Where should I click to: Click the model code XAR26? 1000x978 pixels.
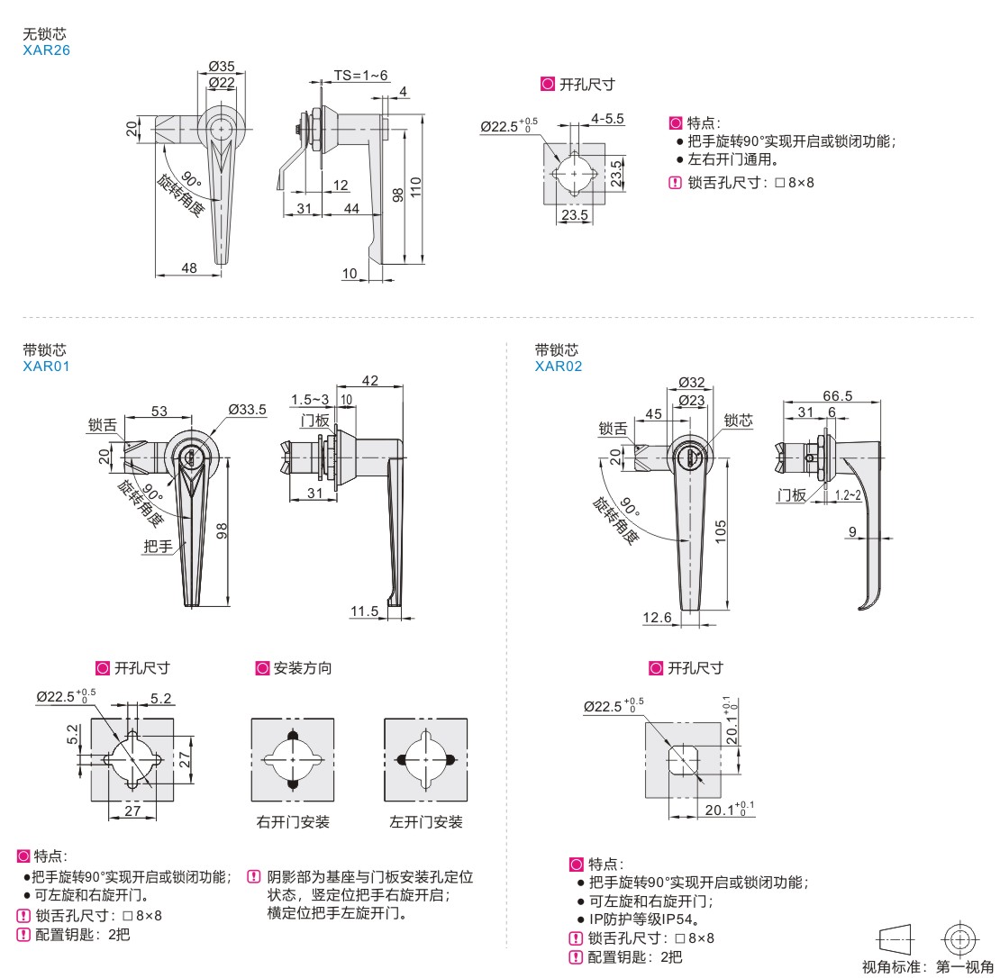point(46,50)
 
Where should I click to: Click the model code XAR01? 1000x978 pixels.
point(46,366)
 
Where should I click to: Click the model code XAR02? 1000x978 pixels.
point(559,366)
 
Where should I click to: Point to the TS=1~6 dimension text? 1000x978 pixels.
point(360,75)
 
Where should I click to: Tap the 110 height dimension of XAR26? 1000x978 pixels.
point(415,188)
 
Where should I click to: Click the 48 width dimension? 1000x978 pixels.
point(189,267)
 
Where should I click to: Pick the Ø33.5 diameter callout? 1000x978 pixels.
point(248,410)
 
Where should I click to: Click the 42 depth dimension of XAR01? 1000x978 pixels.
point(369,381)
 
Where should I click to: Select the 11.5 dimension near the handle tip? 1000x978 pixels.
point(364,611)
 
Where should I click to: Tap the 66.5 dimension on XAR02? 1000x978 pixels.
point(837,395)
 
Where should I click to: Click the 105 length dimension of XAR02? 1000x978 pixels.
point(722,531)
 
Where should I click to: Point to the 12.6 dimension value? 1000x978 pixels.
point(657,617)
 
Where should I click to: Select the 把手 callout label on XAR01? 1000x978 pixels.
point(158,546)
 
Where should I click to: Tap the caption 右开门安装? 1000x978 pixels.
point(293,822)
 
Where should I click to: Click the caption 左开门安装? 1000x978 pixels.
point(426,822)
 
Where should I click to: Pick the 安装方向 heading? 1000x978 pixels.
point(302,668)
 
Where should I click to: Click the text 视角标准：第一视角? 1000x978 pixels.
point(927,967)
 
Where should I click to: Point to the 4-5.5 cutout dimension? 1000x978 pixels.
point(608,119)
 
